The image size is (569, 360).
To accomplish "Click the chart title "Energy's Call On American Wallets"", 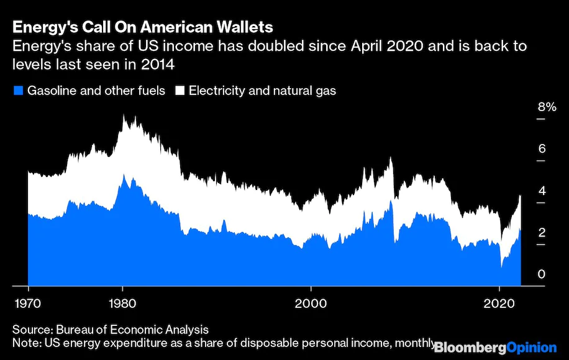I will click(143, 28).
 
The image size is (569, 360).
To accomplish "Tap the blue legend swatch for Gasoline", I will click(17, 91).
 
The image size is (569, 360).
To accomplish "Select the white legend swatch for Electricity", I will click(180, 91).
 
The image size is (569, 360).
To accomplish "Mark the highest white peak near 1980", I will click(124, 115).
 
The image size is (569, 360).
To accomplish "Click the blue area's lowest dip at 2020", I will click(501, 267).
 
